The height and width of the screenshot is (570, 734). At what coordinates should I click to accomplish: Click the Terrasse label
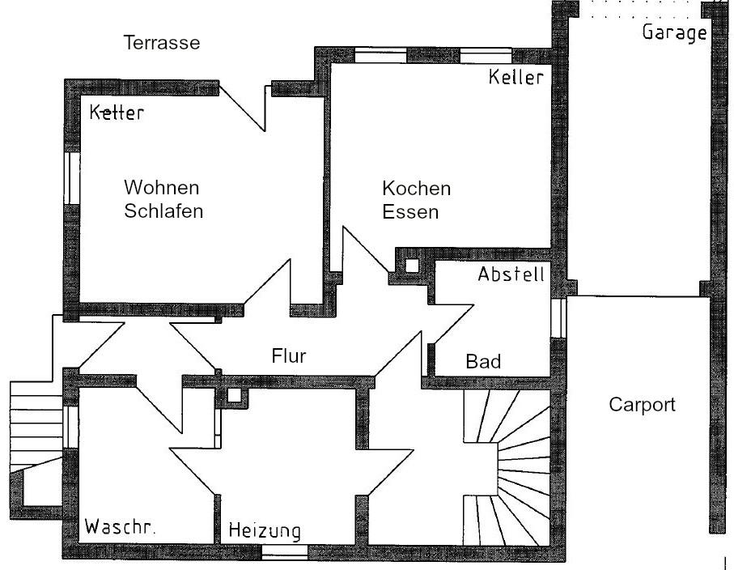pos(161,42)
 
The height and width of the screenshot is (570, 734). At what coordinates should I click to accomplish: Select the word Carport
pos(641,405)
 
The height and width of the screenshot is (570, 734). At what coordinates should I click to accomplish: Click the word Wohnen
pos(161,188)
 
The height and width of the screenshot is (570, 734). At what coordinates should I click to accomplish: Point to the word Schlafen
pos(163,212)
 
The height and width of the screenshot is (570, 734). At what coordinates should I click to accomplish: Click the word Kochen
pos(416,189)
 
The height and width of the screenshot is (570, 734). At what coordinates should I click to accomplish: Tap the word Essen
pos(410,213)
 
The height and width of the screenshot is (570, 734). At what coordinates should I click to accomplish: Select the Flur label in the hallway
pos(289,355)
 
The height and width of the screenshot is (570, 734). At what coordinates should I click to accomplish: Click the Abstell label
pos(511,274)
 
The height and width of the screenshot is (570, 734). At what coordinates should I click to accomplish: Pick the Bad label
pos(483,361)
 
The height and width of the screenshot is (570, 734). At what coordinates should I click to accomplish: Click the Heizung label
pos(265,531)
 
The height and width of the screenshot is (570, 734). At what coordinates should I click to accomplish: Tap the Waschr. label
pos(121,526)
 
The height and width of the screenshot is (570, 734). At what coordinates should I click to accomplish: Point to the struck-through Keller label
pos(117,113)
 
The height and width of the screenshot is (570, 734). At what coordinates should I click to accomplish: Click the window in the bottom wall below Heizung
pos(285,552)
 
